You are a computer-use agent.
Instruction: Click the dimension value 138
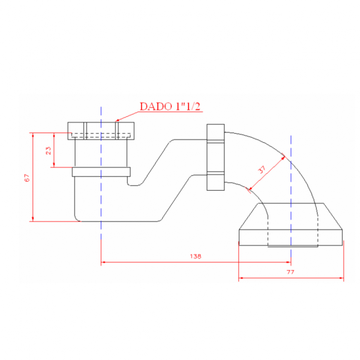[196, 256]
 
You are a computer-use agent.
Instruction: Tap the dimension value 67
[26, 178]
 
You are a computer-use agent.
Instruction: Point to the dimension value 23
[49, 151]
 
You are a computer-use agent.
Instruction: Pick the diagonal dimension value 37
[262, 170]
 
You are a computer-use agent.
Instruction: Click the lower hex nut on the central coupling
[215, 181]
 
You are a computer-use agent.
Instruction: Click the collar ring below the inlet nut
[101, 172]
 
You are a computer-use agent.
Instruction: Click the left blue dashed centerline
[101, 240]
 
